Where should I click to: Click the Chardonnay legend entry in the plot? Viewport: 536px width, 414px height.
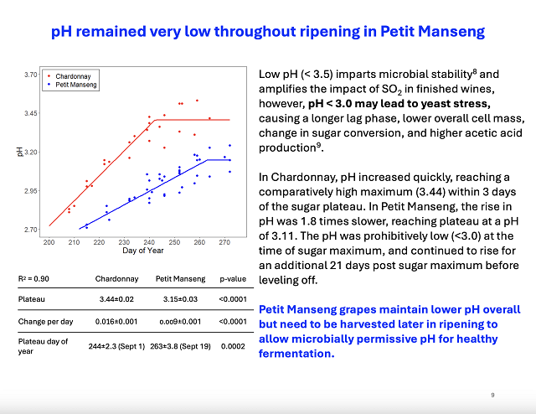coord(75,76)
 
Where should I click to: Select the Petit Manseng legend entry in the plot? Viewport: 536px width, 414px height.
coord(78,85)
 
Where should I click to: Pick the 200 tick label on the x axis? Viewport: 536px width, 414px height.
coord(49,242)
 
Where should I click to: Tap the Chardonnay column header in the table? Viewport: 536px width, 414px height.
coord(116,277)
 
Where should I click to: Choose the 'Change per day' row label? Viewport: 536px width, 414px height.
coord(44,321)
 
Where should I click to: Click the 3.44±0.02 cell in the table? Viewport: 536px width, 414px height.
coord(116,298)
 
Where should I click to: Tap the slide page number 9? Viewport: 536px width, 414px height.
coord(492,393)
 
